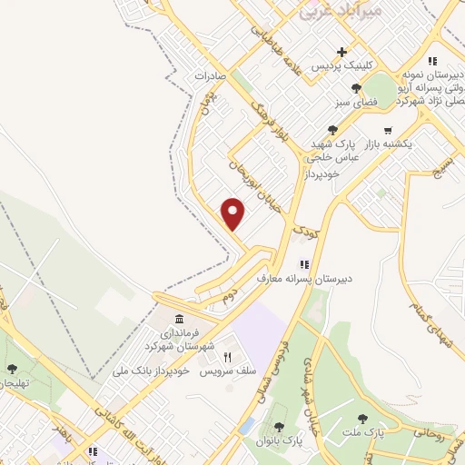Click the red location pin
click(234, 213)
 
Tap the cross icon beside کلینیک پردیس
click(341, 52)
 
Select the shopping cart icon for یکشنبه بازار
click(389, 130)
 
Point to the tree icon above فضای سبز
click(356, 89)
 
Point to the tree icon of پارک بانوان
click(276, 426)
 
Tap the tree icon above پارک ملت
click(362, 419)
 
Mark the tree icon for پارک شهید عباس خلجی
click(333, 130)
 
